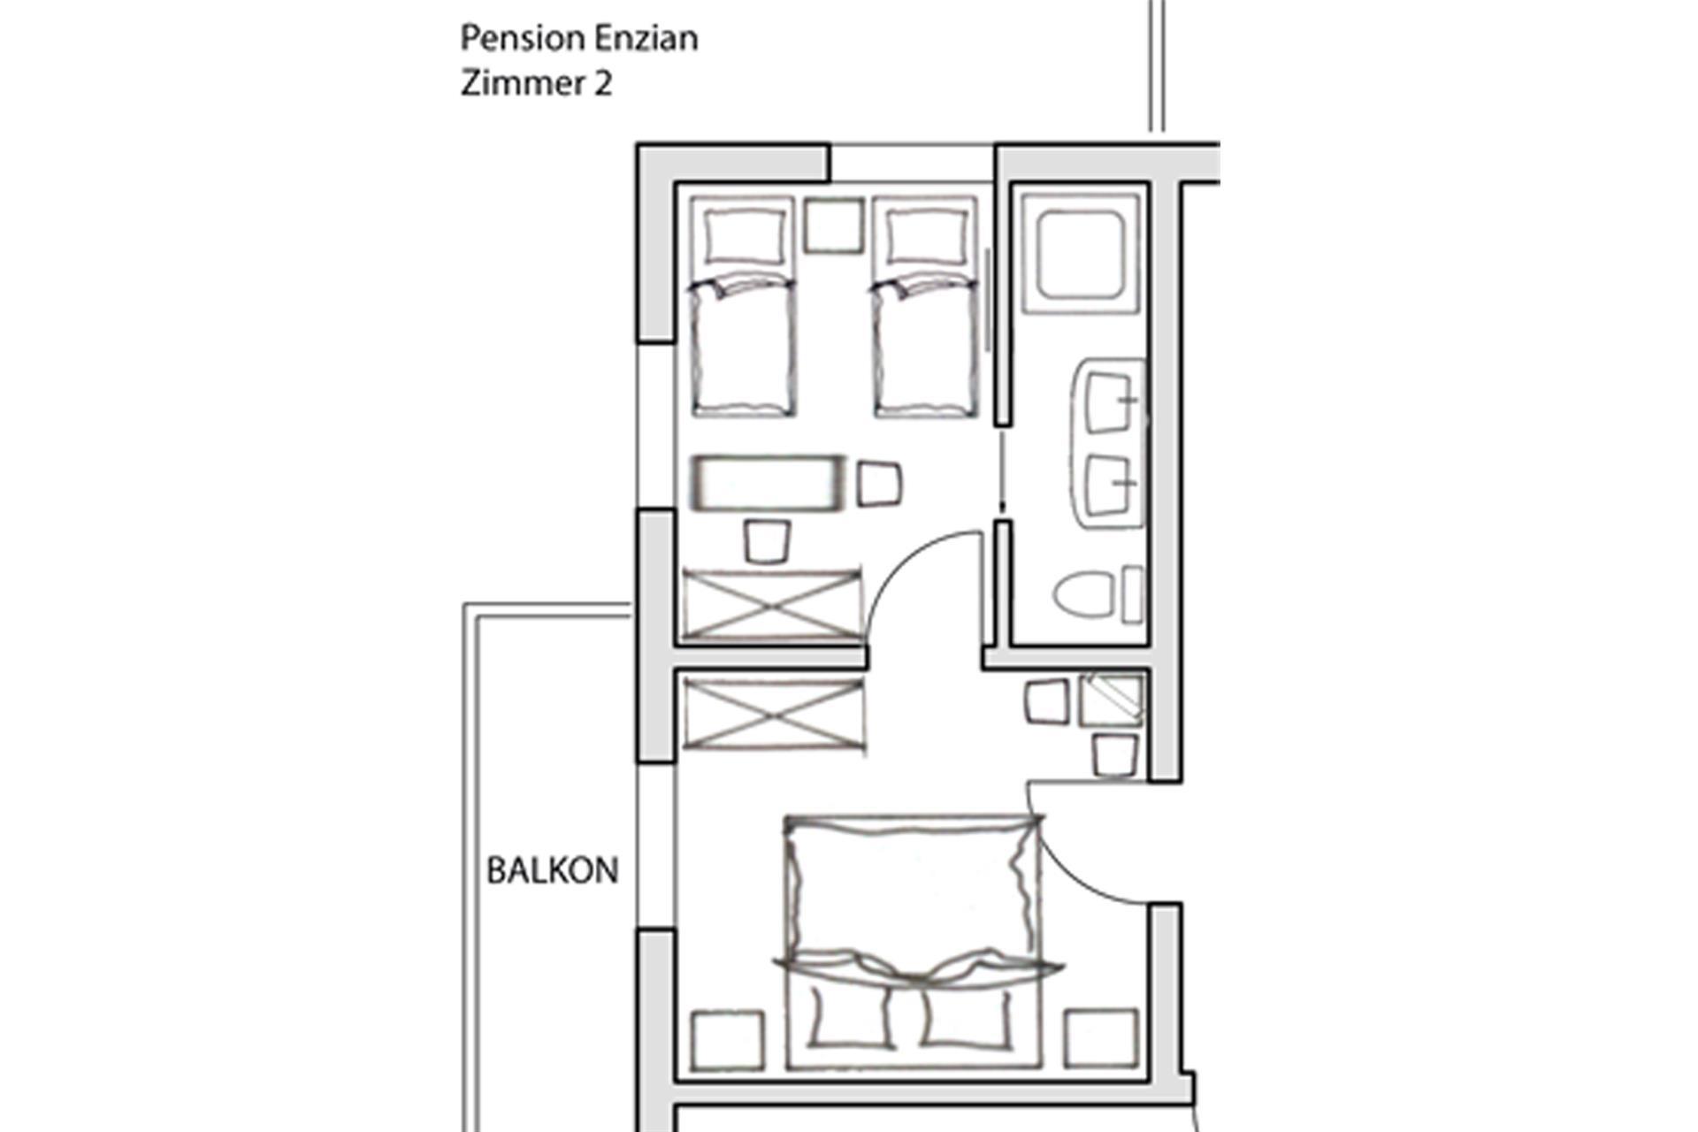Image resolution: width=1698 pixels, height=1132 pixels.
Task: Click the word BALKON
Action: (x=552, y=871)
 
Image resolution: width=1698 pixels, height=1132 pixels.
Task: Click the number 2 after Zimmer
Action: (x=602, y=84)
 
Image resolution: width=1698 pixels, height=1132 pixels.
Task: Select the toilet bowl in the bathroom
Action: (x=1083, y=593)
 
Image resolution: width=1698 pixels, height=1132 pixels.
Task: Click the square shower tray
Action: (x=1080, y=254)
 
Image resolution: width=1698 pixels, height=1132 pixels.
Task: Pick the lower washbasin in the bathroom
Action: (x=1107, y=485)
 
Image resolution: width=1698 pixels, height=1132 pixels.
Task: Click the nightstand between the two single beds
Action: (x=833, y=226)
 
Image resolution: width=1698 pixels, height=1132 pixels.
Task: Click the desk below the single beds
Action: (x=767, y=483)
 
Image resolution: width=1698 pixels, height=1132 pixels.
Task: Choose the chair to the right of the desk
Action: (x=878, y=484)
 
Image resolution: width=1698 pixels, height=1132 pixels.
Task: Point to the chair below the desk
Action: (x=767, y=541)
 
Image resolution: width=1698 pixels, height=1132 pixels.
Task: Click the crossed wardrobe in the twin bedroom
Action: (x=771, y=604)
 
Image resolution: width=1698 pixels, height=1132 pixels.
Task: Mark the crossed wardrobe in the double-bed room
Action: (x=773, y=714)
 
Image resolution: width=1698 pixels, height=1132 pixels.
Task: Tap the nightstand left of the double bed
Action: (x=728, y=1040)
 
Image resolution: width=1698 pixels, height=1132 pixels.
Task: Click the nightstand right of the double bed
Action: (x=1101, y=1038)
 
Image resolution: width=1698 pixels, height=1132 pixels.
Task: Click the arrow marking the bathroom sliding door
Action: (x=1002, y=469)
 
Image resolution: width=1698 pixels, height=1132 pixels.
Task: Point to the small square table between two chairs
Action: (x=1111, y=700)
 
